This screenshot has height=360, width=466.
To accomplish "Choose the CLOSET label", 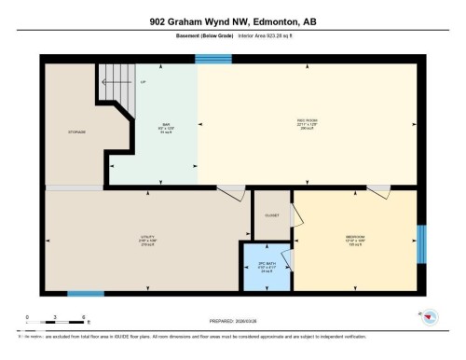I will point(272,215).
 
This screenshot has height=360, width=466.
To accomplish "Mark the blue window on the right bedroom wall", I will point(420,243).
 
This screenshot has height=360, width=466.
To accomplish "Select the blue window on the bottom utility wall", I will point(86,294).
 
